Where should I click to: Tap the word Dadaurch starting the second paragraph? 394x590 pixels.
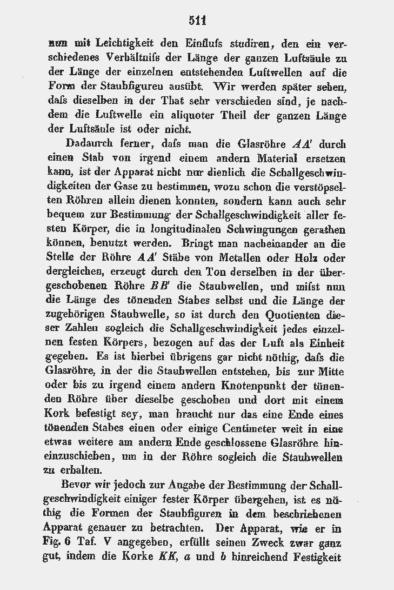pos(90,145)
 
